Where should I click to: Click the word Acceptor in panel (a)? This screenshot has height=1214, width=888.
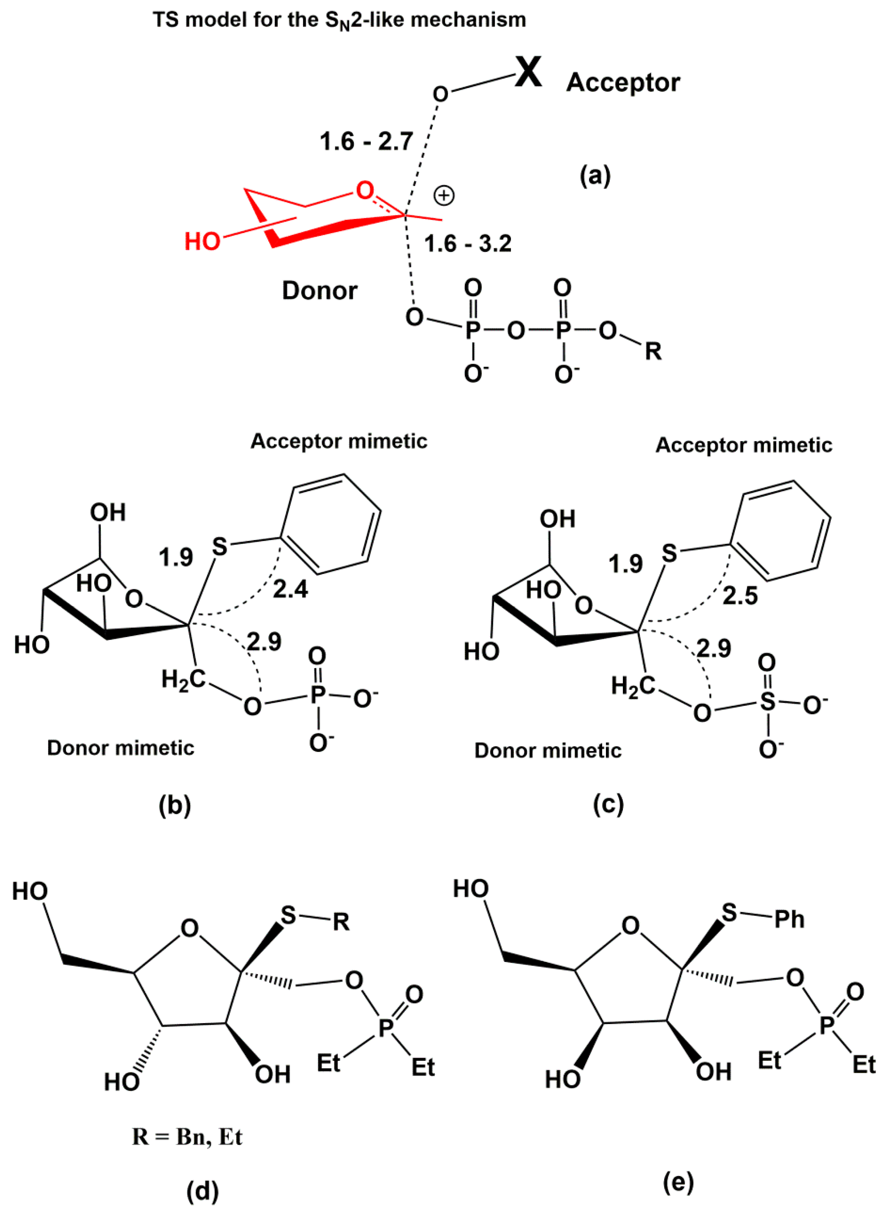tap(623, 83)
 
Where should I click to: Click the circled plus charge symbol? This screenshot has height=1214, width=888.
tap(444, 196)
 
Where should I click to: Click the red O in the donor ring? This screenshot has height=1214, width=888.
tap(365, 190)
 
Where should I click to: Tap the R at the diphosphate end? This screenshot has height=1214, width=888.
tap(653, 351)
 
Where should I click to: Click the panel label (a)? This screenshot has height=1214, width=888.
tap(595, 176)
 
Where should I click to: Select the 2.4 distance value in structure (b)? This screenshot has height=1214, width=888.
tap(290, 589)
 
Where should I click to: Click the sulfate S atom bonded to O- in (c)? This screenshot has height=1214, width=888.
tap(768, 701)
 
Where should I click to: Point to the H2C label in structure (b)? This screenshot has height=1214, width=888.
tap(184, 680)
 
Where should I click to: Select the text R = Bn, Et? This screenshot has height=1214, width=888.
tap(187, 1137)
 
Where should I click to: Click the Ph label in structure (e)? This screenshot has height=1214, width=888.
tap(789, 919)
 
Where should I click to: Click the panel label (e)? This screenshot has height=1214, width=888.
tap(678, 1181)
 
